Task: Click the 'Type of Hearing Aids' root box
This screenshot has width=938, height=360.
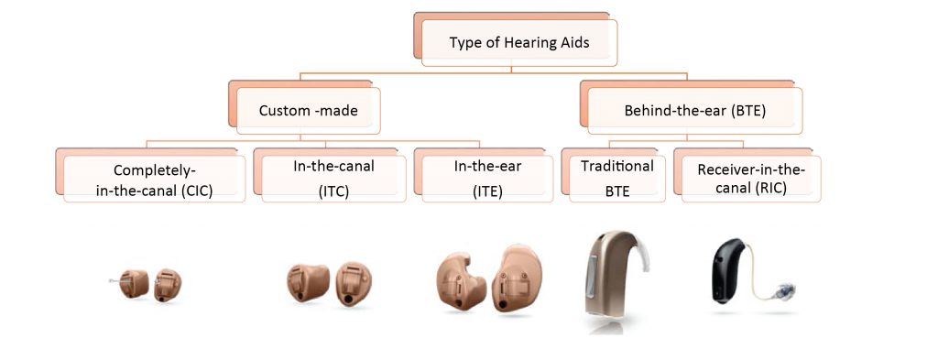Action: [x=518, y=42]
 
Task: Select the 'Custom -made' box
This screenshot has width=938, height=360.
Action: [x=308, y=111]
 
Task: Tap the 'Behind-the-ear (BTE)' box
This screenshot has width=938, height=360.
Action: [x=694, y=111]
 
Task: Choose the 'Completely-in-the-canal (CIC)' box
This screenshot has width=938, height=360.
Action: [x=155, y=179]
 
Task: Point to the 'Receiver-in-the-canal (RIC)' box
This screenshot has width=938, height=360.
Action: [x=752, y=179]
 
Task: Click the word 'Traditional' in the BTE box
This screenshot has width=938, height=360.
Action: [x=616, y=166]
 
